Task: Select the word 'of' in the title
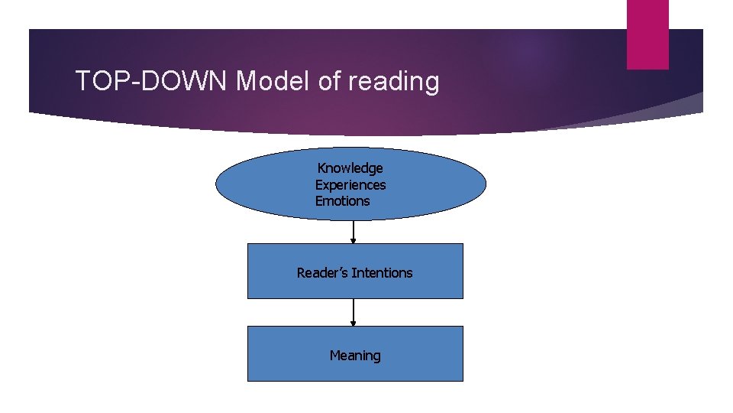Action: (329, 80)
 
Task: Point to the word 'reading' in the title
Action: (394, 81)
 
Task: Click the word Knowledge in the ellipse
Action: (350, 168)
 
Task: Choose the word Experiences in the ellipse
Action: (350, 185)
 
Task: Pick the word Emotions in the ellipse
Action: (343, 201)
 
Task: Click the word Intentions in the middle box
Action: (381, 273)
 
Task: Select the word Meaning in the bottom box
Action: (355, 356)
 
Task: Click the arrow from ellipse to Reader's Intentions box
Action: (354, 232)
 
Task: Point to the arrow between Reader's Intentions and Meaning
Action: (354, 312)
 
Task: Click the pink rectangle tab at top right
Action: (647, 34)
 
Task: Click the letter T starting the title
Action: (82, 80)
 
